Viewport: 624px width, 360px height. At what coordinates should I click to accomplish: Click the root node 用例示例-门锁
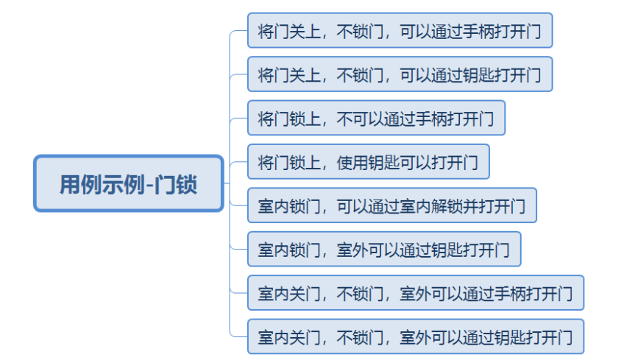[x=128, y=183]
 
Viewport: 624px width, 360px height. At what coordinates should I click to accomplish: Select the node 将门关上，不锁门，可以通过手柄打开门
[x=400, y=31]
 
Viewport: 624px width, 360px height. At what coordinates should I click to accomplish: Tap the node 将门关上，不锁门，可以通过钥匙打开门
[x=400, y=74]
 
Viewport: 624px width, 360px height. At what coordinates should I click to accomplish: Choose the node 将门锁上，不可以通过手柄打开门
[x=376, y=119]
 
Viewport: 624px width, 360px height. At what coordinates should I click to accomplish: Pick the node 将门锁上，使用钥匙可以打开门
[x=368, y=162]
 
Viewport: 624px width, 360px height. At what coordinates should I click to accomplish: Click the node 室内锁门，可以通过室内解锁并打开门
[x=391, y=205]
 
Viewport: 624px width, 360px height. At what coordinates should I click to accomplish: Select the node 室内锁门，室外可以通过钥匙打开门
[x=383, y=250]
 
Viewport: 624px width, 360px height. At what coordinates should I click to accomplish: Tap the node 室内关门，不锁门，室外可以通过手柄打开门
[x=415, y=293]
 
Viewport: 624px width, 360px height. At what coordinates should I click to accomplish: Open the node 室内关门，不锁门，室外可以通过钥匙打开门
[x=415, y=337]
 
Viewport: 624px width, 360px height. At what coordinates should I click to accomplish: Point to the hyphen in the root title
[x=149, y=184]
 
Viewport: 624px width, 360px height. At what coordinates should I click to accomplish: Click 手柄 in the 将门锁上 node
[x=430, y=119]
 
